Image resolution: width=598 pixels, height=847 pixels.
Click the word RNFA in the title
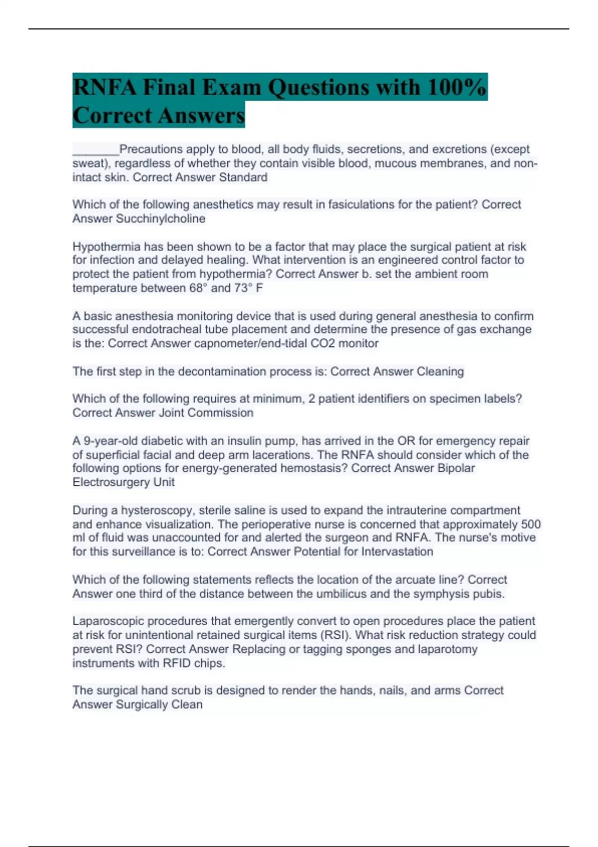[104, 88]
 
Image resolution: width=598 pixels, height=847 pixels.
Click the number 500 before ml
[531, 524]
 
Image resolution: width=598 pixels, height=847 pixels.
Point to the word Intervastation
[397, 552]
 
